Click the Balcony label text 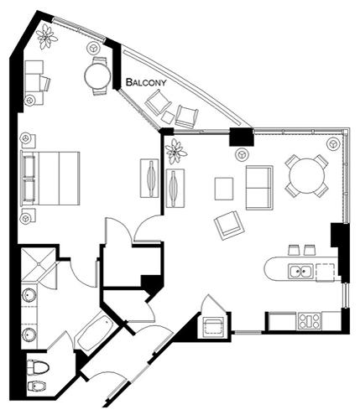[146, 82]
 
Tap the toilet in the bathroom [38, 366]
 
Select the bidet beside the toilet [38, 386]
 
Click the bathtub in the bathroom [96, 333]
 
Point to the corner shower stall [39, 263]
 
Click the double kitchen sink [300, 271]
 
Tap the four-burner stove [310, 321]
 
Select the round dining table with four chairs [307, 176]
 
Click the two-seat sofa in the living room [259, 188]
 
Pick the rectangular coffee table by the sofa [224, 189]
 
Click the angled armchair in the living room [229, 226]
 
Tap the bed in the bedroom [50, 179]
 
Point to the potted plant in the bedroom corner [46, 36]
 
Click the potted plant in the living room [175, 152]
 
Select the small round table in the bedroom [97, 75]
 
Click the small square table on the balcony [168, 117]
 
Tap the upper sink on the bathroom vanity [29, 295]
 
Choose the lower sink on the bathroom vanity [29, 335]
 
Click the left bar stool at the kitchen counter [294, 250]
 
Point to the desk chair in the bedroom [45, 83]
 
